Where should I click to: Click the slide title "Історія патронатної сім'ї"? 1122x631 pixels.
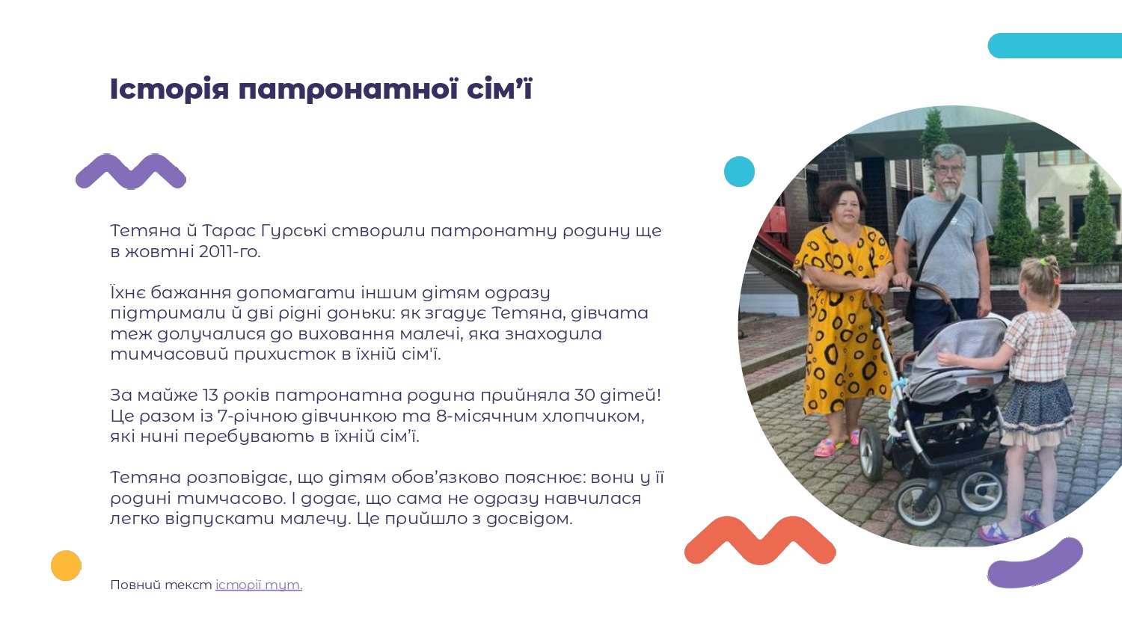pos(321,89)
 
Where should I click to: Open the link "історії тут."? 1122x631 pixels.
pos(259,585)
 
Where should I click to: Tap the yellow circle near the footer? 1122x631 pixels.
pos(66,565)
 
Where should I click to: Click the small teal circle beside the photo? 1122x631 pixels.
pos(739,172)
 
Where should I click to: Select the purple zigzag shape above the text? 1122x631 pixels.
pos(131,172)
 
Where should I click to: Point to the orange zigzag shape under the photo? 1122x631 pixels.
pos(760,541)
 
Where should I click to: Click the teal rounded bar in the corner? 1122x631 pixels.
pos(1055,46)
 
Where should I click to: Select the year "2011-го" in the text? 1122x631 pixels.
pos(230,251)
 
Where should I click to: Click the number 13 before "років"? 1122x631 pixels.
pos(210,395)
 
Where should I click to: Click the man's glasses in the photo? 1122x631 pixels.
pos(948,170)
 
